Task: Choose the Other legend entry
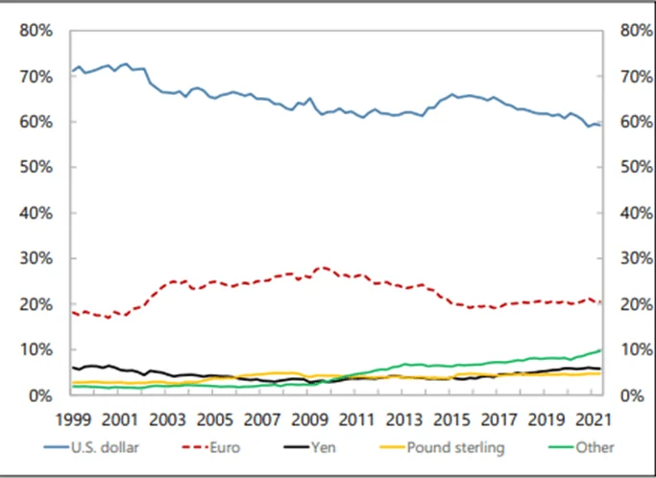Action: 595,446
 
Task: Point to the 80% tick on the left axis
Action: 36,31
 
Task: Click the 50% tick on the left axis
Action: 36,167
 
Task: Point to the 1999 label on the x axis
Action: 72,419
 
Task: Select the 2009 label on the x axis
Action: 308,419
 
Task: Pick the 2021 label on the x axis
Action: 592,419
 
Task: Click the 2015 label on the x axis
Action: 449,419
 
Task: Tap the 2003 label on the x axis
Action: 166,419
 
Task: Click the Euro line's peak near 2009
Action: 324,267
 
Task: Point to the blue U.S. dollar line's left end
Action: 72,71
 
